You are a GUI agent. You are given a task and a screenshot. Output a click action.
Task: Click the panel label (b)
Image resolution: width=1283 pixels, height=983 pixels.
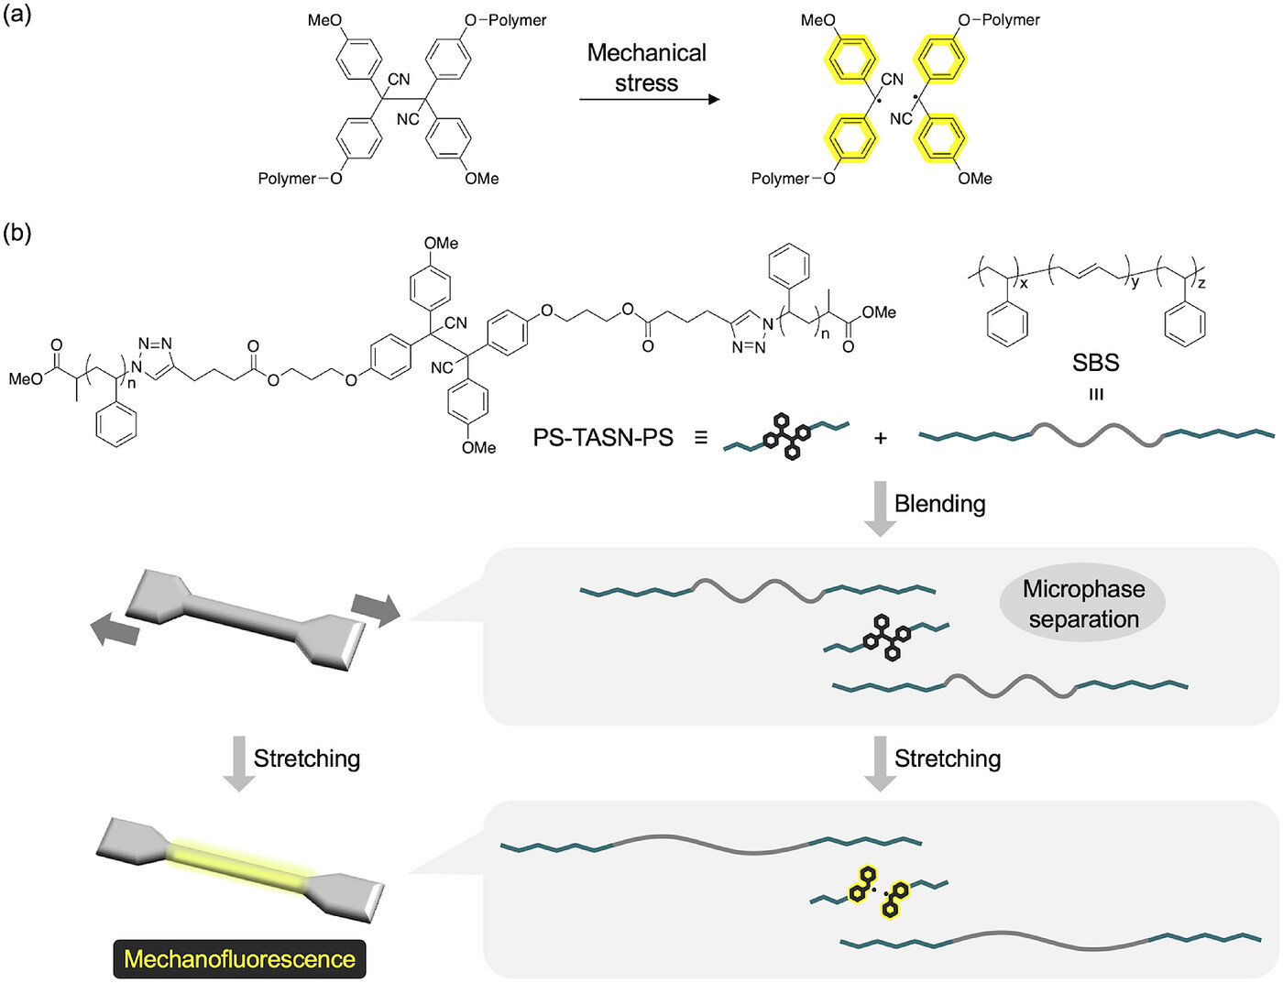[17, 233]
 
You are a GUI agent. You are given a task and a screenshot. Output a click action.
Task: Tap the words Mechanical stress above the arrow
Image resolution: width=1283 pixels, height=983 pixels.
[646, 68]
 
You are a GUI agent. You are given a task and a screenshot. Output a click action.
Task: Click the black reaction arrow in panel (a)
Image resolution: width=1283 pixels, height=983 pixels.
[650, 99]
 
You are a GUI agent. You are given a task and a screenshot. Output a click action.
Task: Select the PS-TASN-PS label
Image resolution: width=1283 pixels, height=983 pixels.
[603, 438]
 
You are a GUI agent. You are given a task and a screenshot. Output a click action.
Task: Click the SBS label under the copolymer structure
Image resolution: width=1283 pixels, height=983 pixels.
[1096, 362]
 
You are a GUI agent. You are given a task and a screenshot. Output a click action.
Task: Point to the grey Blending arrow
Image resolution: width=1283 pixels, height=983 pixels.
[880, 508]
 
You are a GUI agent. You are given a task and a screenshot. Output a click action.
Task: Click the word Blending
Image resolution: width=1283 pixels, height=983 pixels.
[940, 504]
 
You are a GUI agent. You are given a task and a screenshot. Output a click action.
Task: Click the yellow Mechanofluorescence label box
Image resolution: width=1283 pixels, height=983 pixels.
[239, 959]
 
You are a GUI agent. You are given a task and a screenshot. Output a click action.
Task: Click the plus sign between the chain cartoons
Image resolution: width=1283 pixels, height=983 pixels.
[881, 439]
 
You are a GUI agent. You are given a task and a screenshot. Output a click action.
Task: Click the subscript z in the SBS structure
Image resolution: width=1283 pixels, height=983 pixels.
[1201, 283]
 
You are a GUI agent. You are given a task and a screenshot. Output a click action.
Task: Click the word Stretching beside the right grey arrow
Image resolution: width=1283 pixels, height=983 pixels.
[947, 759]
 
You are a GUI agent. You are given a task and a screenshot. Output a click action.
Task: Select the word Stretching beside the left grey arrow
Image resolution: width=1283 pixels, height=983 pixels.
[306, 759]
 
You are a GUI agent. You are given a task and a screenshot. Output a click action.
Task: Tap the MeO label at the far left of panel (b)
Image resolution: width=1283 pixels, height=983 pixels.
[26, 378]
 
